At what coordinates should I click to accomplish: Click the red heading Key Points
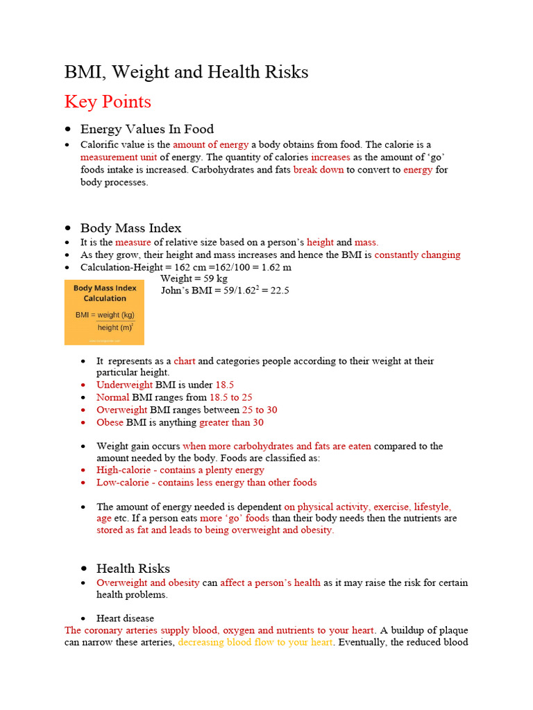pyautogui.click(x=108, y=102)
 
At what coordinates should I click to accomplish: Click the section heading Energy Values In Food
pyautogui.click(x=147, y=129)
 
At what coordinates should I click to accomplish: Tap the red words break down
pyautogui.click(x=318, y=169)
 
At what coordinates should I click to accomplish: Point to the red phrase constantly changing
pyautogui.click(x=417, y=254)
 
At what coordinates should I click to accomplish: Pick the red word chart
pyautogui.click(x=184, y=361)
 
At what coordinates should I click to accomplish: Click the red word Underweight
pyautogui.click(x=124, y=385)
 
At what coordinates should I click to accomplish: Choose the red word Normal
pyautogui.click(x=112, y=397)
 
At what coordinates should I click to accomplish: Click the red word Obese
pyautogui.click(x=110, y=422)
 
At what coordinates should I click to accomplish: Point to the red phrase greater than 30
pyautogui.click(x=231, y=422)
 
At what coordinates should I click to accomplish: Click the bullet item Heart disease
pyautogui.click(x=125, y=618)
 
